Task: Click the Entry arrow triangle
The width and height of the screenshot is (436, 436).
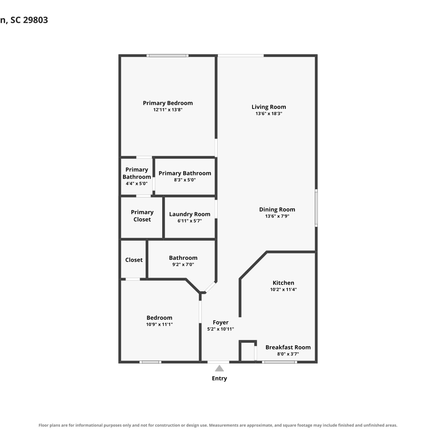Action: coord(219,369)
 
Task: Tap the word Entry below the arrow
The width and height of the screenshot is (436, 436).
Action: coord(219,378)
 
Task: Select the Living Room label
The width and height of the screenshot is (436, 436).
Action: coord(269,107)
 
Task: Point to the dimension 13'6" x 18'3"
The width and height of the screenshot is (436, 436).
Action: coord(269,114)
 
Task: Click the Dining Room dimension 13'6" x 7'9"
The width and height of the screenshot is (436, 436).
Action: coord(277,216)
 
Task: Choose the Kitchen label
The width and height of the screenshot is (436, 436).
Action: coord(283,283)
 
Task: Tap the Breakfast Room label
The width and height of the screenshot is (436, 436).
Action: coord(288,347)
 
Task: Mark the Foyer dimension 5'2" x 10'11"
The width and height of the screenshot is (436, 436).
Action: coord(221,329)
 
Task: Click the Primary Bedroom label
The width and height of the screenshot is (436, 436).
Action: coord(168,103)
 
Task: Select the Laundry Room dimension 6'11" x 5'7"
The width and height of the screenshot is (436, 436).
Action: coord(190,221)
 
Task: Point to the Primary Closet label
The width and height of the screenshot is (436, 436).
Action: coord(142,216)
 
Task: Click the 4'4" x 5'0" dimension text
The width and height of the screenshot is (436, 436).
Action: coord(137,184)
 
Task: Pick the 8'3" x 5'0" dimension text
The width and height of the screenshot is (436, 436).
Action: coord(185,180)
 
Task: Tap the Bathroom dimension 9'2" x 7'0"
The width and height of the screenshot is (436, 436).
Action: coord(183,265)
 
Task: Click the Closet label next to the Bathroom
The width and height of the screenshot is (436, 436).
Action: coord(134,260)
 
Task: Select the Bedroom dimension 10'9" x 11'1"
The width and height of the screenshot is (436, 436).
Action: coord(159,324)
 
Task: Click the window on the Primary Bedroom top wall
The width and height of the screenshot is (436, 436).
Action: coord(167,56)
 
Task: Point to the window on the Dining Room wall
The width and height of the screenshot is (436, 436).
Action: coord(316,208)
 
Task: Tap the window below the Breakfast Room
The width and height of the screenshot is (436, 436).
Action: coord(280,362)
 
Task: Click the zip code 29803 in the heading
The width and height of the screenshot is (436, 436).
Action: coord(35,20)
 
